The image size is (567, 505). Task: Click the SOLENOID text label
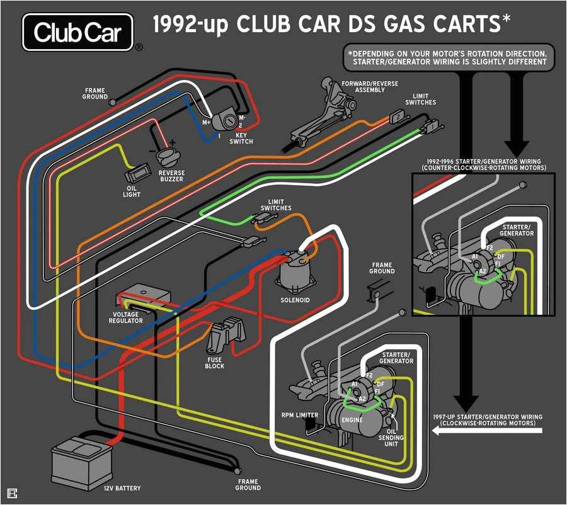[x=295, y=300]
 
